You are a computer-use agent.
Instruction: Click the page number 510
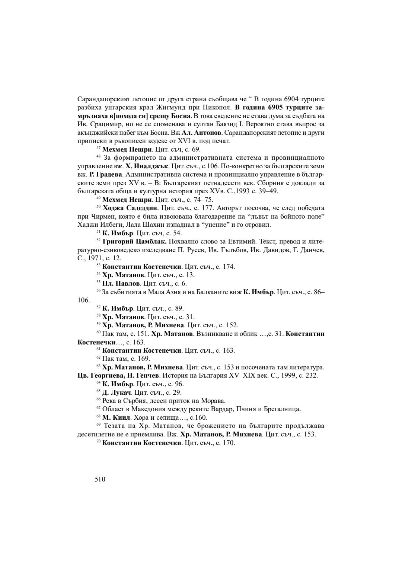[100, 479]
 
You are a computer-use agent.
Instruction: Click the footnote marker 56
[98, 291]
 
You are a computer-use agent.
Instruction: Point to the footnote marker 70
[99, 443]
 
